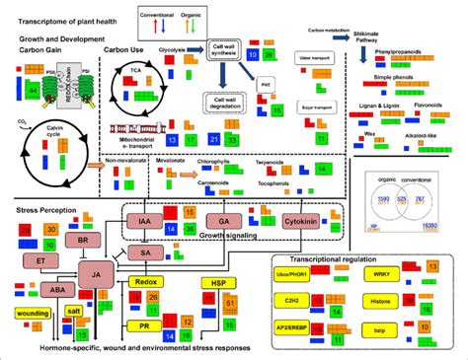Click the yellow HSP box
pyautogui.click(x=217, y=282)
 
